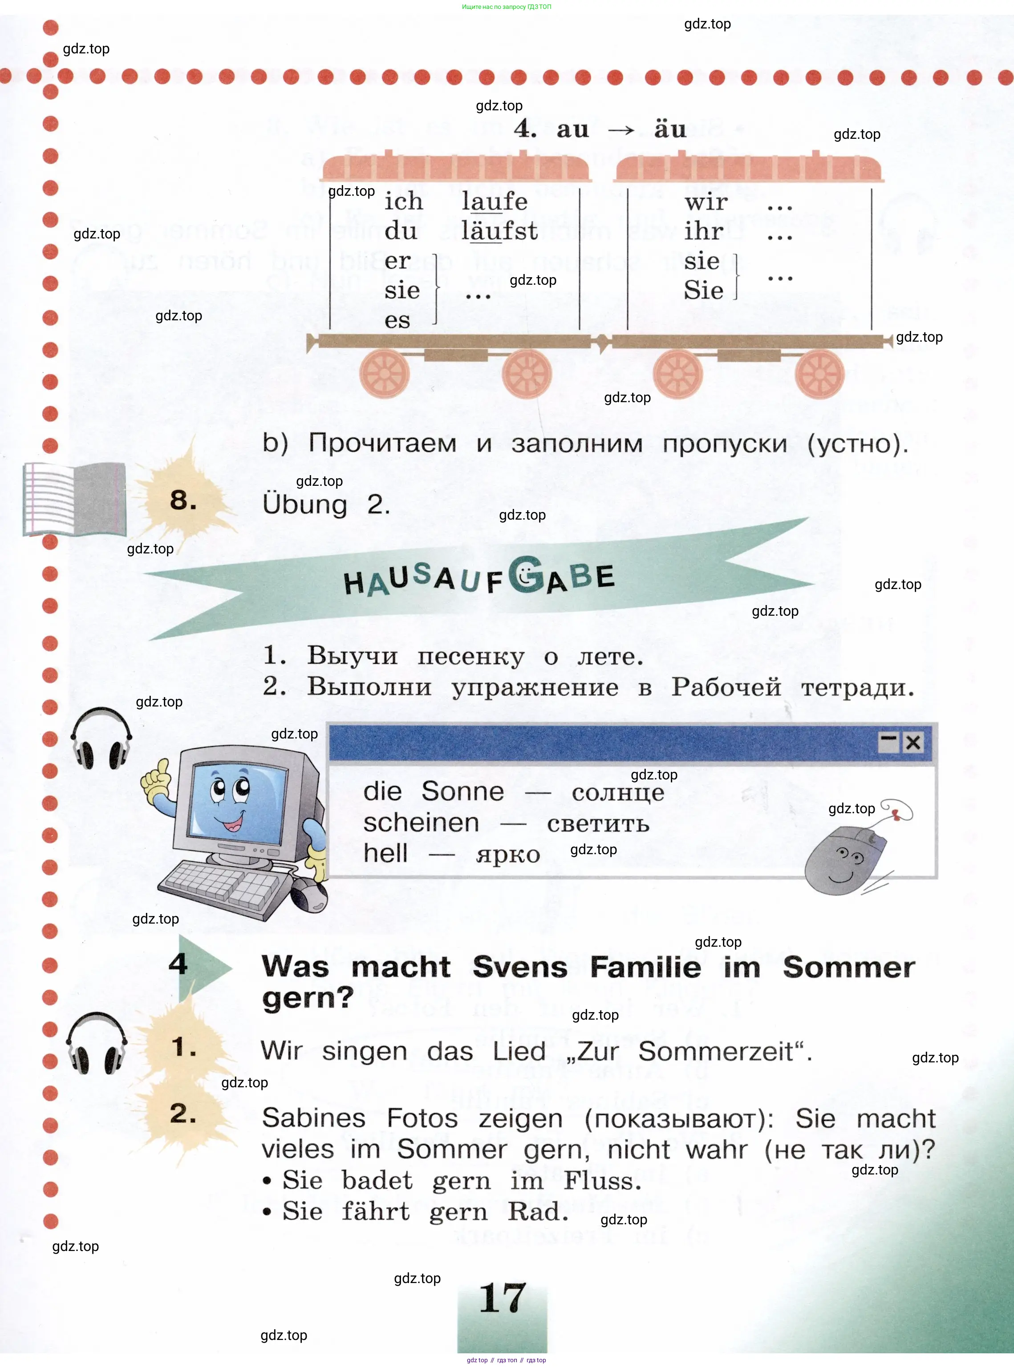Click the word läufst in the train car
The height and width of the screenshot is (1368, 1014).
pyautogui.click(x=499, y=231)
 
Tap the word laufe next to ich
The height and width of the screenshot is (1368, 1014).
pyautogui.click(x=495, y=201)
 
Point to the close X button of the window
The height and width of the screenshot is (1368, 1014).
pyautogui.click(x=913, y=742)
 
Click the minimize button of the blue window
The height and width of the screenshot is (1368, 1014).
pyautogui.click(x=888, y=742)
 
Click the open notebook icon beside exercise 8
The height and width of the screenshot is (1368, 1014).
pyautogui.click(x=74, y=499)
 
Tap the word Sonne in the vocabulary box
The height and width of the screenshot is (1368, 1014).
pyautogui.click(x=463, y=791)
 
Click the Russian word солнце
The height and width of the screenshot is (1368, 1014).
pyautogui.click(x=617, y=793)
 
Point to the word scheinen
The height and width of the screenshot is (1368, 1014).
pyautogui.click(x=421, y=823)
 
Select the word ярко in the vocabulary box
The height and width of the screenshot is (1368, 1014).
pyautogui.click(x=508, y=855)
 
